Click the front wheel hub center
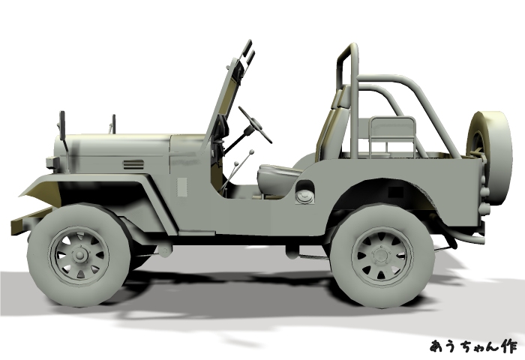pyautogui.click(x=79, y=256)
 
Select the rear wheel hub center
pyautogui.click(x=382, y=256)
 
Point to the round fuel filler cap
pyautogui.click(x=304, y=196)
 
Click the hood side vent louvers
pyautogui.click(x=133, y=164)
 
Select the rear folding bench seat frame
pyautogui.click(x=392, y=137)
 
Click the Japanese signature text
pyautogui.click(x=473, y=346)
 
